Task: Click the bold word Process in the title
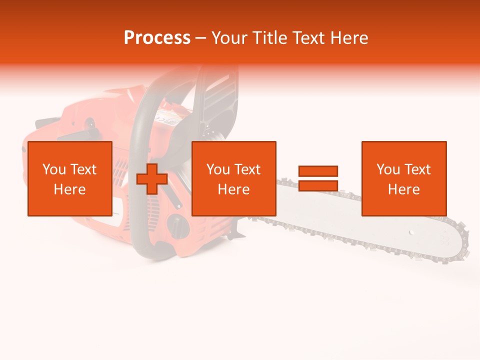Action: click(157, 38)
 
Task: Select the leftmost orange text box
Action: click(69, 178)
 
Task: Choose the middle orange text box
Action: click(233, 178)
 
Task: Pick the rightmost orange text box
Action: click(403, 178)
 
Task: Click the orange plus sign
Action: click(152, 179)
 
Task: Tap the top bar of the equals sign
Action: click(318, 171)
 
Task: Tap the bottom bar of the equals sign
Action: click(318, 186)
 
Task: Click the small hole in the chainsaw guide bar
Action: click(411, 232)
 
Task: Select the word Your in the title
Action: click(230, 38)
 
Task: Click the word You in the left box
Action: click(54, 169)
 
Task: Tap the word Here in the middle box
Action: click(233, 189)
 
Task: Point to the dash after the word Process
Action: click(201, 38)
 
